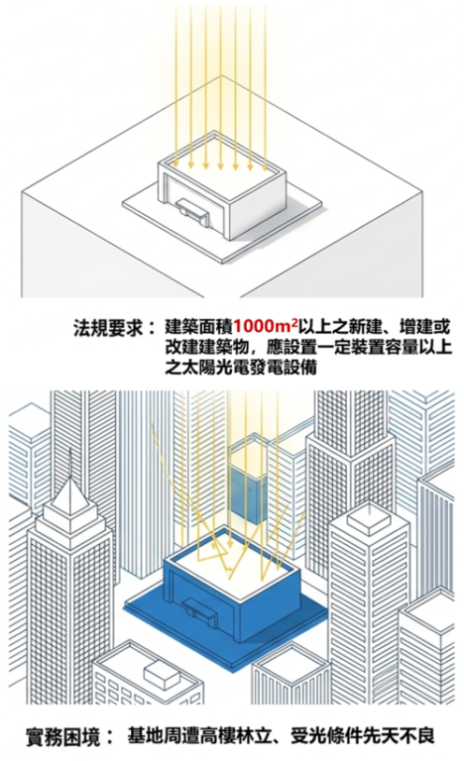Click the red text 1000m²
coord(266,326)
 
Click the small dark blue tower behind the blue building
coord(247,491)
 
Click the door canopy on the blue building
coord(198,606)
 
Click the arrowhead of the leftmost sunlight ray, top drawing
coord(175,164)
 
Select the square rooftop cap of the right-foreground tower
coord(368,519)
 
